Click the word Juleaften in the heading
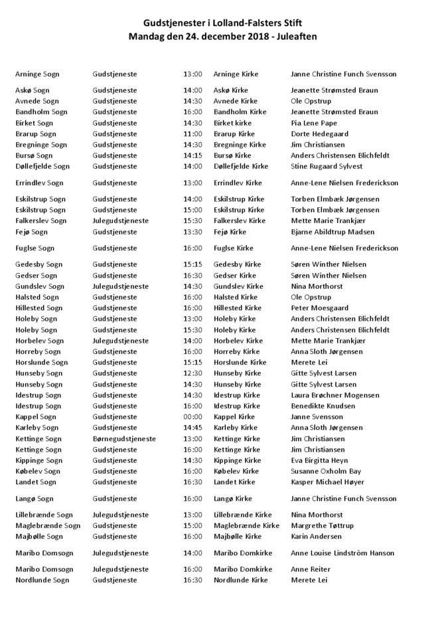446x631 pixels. coord(297,37)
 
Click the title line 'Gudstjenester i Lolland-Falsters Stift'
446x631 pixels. coord(223,23)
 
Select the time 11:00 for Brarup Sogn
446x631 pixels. coord(192,134)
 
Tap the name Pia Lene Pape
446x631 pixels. coord(314,123)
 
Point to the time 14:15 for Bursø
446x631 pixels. coord(192,155)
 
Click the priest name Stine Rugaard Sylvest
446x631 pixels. coord(327,166)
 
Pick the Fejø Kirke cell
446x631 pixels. coord(230,232)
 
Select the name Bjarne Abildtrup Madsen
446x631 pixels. coord(333,232)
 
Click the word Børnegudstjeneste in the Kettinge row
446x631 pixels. coord(124,438)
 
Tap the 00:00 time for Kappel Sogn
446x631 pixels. coord(192,416)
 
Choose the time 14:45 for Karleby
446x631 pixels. coord(192,428)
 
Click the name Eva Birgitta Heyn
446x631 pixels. coord(319,460)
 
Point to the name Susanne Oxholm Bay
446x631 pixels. coord(326,471)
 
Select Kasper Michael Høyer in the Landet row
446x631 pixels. coord(327,482)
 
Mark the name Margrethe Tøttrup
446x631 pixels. coord(322,525)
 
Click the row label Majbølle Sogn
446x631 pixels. coord(39,536)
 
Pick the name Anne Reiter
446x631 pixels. coord(310,569)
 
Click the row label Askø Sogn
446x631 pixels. coord(33,90)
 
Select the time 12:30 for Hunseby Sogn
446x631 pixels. coord(192,373)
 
